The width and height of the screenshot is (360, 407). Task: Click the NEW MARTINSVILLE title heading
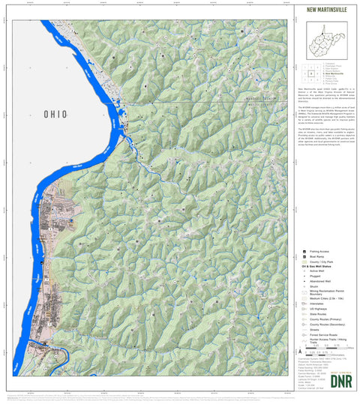point(324,10)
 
